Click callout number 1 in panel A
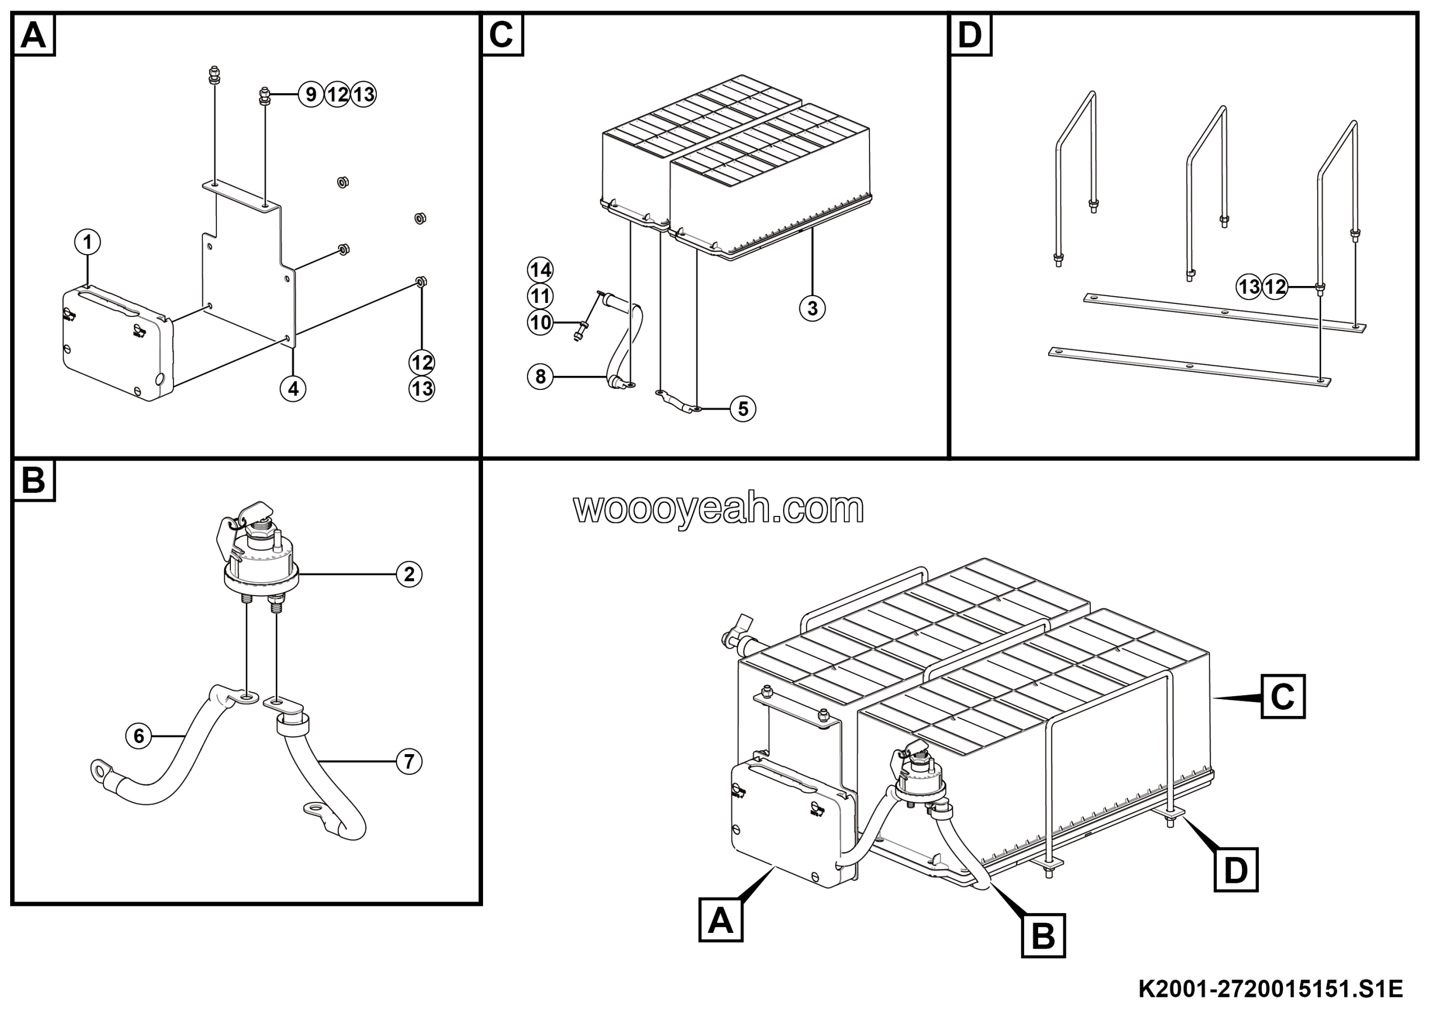(x=88, y=242)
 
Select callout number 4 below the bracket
(x=293, y=389)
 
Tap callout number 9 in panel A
(x=311, y=94)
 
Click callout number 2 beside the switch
(x=409, y=574)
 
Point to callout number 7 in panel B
(x=409, y=761)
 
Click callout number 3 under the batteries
(x=812, y=308)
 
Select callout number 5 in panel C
(x=743, y=409)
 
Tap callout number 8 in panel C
(x=540, y=377)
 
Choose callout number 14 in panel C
(x=540, y=270)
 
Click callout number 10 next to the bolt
(x=540, y=323)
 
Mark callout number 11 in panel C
(x=540, y=296)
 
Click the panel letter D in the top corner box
(x=970, y=34)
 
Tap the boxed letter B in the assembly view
(x=1043, y=936)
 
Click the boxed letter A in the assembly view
(x=720, y=920)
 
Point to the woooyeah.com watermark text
(x=718, y=509)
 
